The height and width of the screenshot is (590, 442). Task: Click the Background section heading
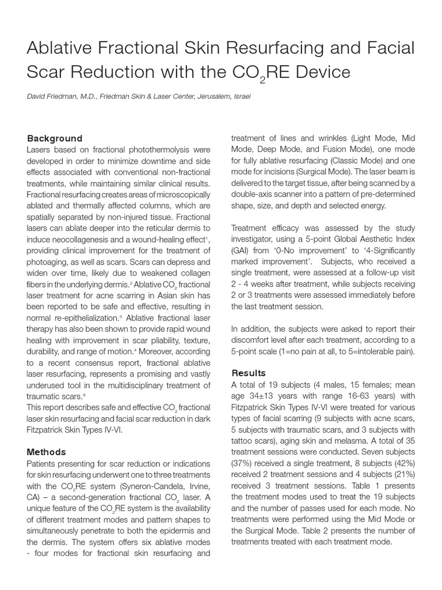(x=55, y=138)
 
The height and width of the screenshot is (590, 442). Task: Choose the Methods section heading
(x=47, y=452)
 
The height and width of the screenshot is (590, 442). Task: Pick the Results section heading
(x=249, y=373)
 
